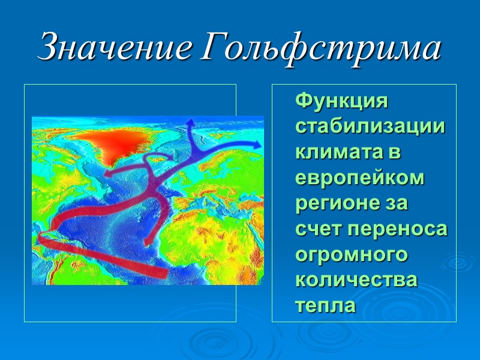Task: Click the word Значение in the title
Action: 114,48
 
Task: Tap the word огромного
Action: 352,255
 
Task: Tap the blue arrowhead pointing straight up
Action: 191,123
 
